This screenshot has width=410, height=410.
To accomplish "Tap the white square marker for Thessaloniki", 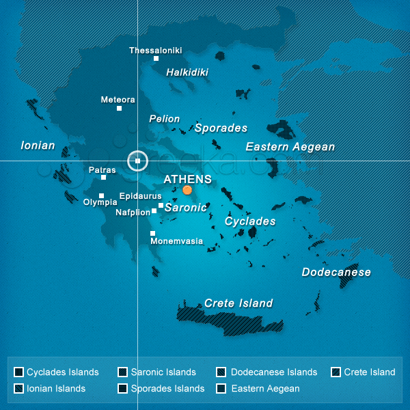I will click(156, 59).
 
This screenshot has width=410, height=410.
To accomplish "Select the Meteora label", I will click(118, 100).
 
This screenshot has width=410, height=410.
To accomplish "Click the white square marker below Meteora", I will click(119, 108).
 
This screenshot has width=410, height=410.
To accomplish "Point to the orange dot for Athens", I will click(187, 190).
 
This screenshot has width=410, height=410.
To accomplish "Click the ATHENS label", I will click(187, 179).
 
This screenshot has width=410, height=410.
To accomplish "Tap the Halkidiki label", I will click(187, 72).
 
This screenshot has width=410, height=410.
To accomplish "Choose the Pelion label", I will click(164, 119).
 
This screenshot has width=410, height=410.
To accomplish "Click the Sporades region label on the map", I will click(221, 128).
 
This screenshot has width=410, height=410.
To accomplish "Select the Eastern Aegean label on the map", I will click(290, 147).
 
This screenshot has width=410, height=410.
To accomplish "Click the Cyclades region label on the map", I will click(250, 221).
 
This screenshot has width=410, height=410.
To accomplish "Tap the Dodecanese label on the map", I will click(336, 272).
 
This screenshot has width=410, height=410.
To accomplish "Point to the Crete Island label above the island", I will click(238, 303).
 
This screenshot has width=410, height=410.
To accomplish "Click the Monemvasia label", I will click(176, 241).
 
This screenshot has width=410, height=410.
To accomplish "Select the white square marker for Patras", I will click(103, 178).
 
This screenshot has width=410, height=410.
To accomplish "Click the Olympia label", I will click(100, 202).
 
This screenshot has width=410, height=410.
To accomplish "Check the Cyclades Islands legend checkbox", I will click(19, 372).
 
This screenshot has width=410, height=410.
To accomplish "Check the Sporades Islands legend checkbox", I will click(122, 389).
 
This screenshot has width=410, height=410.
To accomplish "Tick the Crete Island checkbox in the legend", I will click(336, 372).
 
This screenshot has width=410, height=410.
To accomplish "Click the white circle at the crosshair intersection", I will click(137, 161).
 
